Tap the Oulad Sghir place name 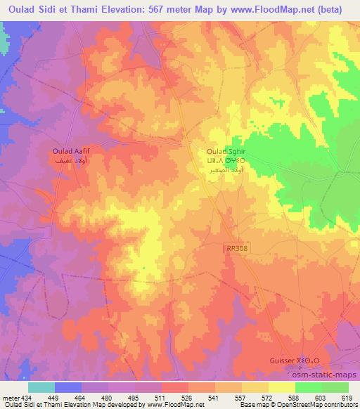click(226, 151)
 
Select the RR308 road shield click(236, 249)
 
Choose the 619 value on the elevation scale click(348, 398)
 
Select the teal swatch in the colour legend click(41, 387)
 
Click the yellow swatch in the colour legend click(282, 387)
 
